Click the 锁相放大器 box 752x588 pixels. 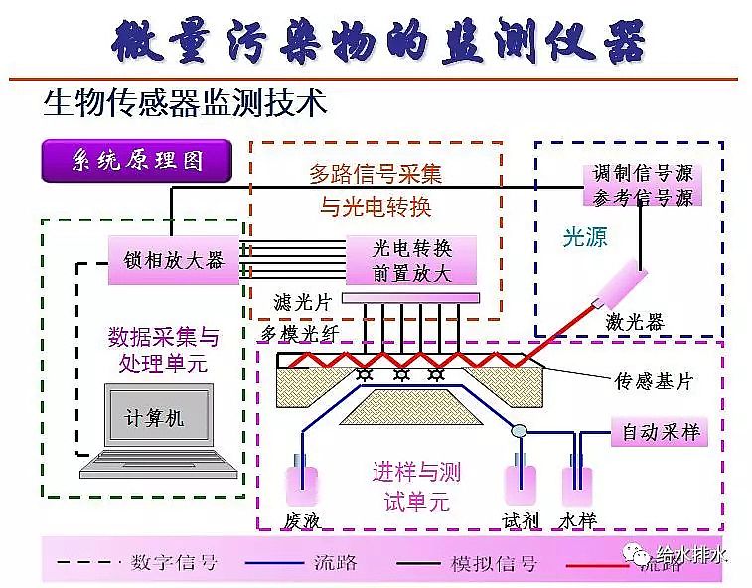click(x=174, y=261)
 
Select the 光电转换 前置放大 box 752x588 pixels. click(x=411, y=260)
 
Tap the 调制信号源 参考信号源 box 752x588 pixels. click(x=643, y=185)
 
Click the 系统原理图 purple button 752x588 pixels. click(x=137, y=162)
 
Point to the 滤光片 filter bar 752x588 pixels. click(x=410, y=298)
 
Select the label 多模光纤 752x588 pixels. click(x=295, y=331)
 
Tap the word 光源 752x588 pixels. click(x=585, y=237)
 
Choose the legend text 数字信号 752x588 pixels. click(x=175, y=563)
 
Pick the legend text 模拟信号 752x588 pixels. click(x=494, y=563)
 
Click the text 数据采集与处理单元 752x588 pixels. click(x=163, y=350)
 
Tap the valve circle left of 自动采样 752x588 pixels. click(x=518, y=431)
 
